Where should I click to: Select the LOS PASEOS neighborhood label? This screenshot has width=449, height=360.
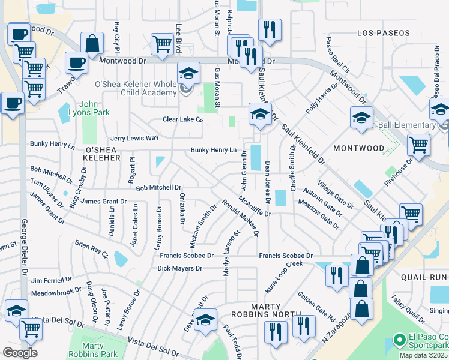[382, 32]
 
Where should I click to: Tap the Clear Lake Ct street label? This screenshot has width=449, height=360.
[183, 119]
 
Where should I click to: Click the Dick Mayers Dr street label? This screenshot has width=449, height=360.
[179, 268]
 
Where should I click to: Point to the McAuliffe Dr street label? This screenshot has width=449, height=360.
[255, 206]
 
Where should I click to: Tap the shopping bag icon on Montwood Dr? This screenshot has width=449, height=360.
[92, 44]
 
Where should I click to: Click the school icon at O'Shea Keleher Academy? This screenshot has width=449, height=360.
[188, 74]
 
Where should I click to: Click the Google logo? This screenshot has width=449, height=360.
[20, 353]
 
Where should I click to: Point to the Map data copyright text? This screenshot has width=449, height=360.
[423, 355]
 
